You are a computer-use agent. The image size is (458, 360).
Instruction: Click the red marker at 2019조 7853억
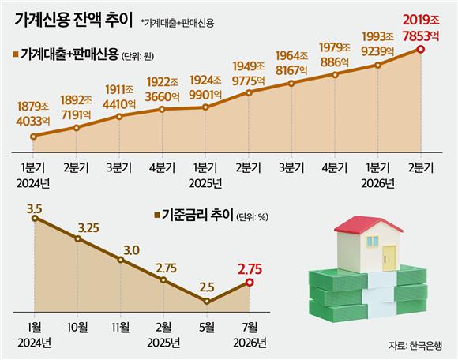point(421,50)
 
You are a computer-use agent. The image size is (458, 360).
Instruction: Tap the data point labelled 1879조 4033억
point(34,137)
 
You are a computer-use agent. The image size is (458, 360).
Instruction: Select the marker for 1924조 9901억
point(205,107)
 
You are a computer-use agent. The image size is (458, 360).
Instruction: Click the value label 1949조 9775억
point(249,73)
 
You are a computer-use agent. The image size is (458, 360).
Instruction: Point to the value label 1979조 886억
point(335,54)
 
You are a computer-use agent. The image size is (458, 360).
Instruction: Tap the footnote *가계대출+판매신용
point(178,23)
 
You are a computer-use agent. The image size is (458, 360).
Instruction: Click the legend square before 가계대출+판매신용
point(16,54)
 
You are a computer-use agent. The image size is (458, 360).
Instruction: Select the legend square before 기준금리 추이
point(157,216)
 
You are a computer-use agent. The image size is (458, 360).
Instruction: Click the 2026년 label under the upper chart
point(377,183)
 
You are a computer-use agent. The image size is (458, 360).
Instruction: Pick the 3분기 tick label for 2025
point(291,168)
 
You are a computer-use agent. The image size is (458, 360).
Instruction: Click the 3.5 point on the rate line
point(35,218)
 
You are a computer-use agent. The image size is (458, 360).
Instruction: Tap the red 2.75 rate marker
point(250,283)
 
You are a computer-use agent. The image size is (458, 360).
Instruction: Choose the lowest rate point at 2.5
point(207,301)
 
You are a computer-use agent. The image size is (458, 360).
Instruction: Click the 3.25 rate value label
point(88,227)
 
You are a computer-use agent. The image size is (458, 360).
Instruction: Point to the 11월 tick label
point(121,328)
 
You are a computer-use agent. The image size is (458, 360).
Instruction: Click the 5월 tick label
point(207,328)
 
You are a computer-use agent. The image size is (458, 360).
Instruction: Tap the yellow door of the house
point(389,258)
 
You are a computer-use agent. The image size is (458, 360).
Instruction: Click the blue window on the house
point(373,241)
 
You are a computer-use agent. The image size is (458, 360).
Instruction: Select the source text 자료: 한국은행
point(415,346)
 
